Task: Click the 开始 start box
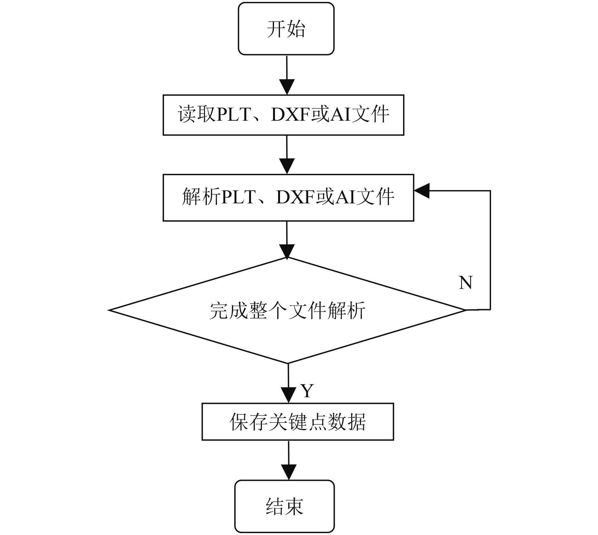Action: pos(286,29)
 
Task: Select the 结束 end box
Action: pos(284,506)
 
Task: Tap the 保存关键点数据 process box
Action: pos(298,422)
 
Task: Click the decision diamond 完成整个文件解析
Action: pos(287,310)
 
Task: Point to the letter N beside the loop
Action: pos(465,283)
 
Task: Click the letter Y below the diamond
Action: pos(307,391)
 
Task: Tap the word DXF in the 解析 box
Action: pos(296,197)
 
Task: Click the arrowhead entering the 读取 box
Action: pos(287,87)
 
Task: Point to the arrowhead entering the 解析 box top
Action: pos(287,166)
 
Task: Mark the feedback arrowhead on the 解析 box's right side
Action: pos(422,191)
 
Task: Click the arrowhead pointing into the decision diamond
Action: pos(287,252)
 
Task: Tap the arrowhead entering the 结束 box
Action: pos(289,473)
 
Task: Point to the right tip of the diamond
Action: pos(466,310)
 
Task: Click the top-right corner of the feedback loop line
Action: pos(490,191)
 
